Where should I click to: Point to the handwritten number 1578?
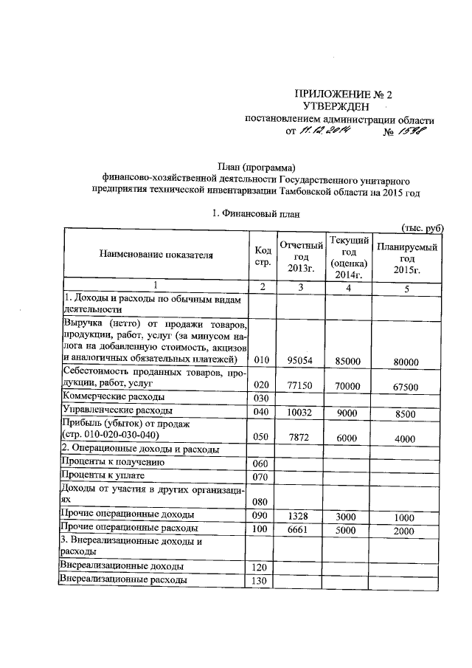pos(414,132)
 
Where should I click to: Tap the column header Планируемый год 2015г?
pos(407,255)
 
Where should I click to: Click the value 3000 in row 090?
pos(347,516)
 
